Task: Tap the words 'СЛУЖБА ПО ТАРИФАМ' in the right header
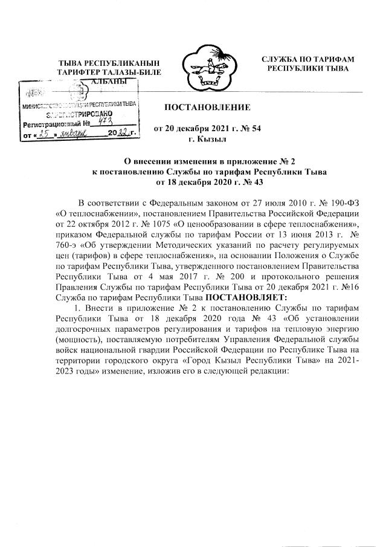pos(307,59)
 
